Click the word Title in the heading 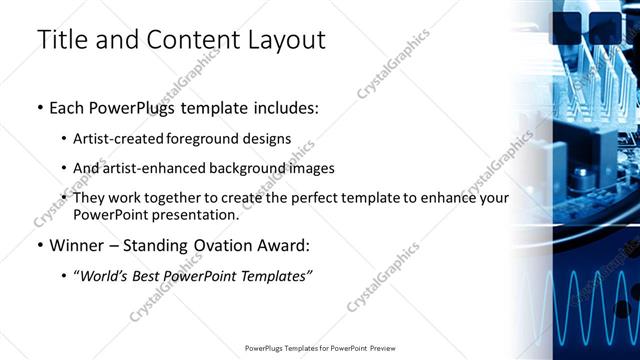pos(63,40)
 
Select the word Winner pos(75,245)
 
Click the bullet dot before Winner pos(40,245)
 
